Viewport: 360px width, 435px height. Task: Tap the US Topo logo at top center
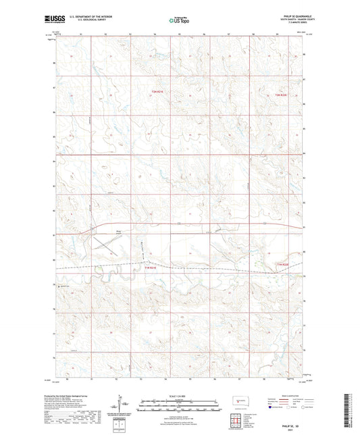click(178, 20)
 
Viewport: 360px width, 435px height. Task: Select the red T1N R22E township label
click(282, 264)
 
